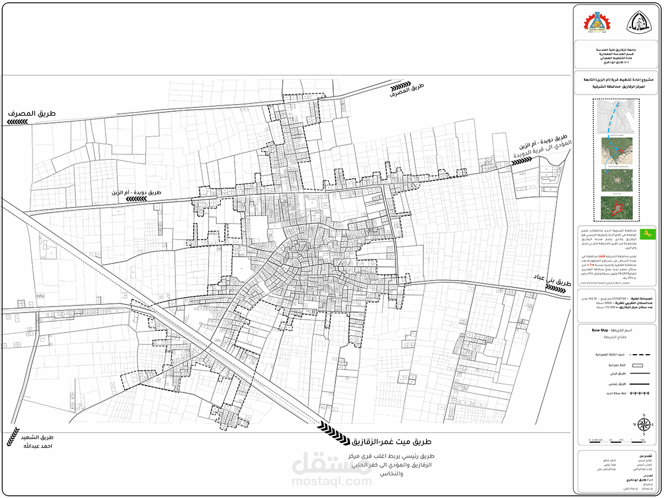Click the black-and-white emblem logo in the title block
coord(638,23)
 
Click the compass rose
coord(644,425)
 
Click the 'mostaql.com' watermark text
coord(331,481)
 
